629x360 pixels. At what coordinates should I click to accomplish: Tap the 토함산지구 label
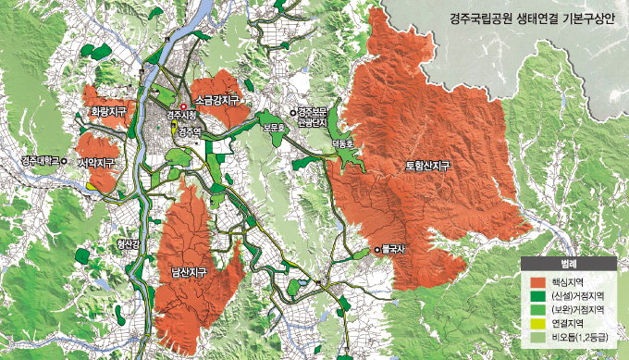427,167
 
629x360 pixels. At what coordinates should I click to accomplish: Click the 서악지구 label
97,163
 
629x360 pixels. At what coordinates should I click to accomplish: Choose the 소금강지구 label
217,99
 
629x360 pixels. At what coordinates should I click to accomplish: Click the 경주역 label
190,132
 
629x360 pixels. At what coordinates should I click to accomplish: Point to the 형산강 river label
128,244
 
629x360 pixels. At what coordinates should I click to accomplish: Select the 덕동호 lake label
342,144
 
